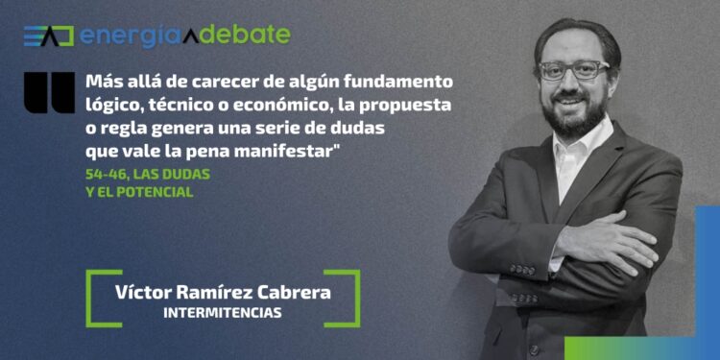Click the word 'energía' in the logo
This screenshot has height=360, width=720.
click(x=125, y=36)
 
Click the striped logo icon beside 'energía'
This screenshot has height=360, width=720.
click(x=48, y=36)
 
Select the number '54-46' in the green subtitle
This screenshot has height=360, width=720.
click(x=105, y=173)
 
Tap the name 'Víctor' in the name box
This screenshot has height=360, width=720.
click(x=142, y=293)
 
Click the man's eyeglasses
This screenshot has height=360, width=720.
click(x=574, y=69)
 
